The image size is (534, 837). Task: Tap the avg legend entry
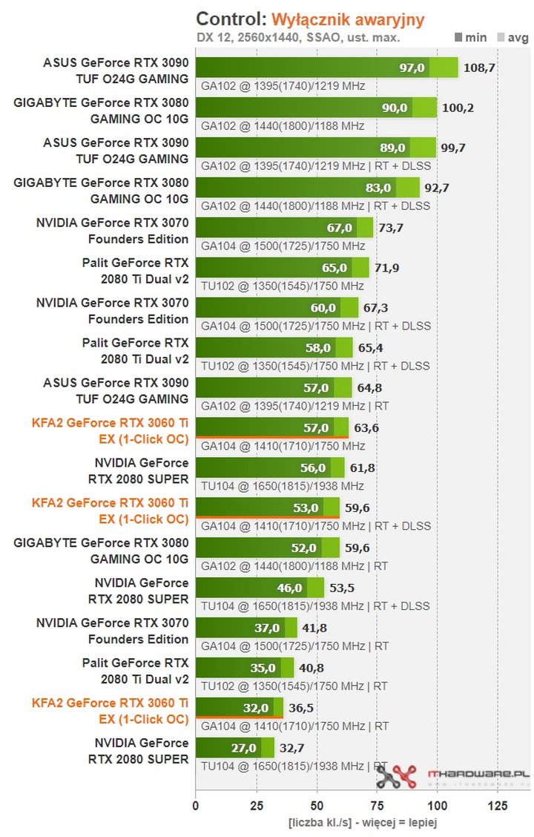click(511, 36)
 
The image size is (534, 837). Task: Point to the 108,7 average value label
click(479, 68)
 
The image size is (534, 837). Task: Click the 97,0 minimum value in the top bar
click(412, 68)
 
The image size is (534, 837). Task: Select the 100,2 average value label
click(458, 108)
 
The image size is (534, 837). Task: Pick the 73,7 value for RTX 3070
click(390, 228)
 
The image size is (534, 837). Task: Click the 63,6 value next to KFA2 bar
click(366, 427)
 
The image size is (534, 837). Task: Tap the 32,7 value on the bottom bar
click(291, 748)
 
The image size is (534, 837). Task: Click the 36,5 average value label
click(300, 708)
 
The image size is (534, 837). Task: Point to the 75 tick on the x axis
click(377, 806)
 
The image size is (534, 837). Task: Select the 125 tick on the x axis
click(498, 806)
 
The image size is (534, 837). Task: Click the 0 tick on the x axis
click(196, 806)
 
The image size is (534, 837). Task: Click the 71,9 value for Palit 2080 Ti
click(386, 268)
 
